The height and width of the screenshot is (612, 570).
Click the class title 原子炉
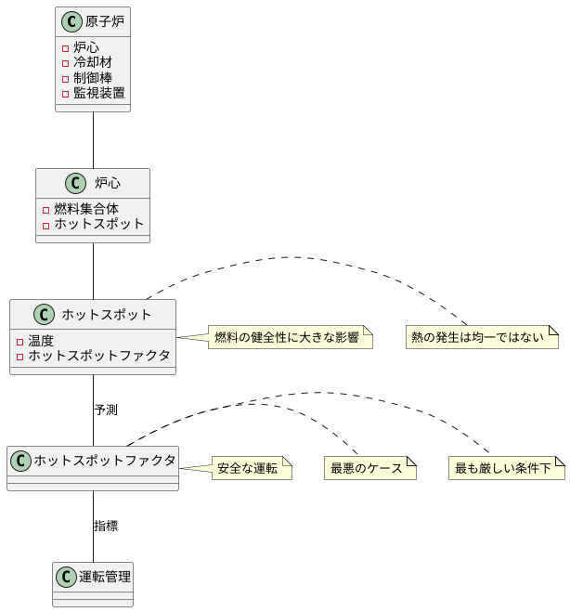[104, 21]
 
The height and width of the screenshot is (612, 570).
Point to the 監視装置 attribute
[98, 93]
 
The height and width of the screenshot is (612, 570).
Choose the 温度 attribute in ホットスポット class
[41, 340]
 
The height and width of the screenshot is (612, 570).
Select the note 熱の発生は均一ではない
[482, 337]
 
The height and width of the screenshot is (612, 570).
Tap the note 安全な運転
[247, 468]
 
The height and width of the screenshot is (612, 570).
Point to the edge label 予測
[106, 410]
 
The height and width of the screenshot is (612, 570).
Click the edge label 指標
[106, 526]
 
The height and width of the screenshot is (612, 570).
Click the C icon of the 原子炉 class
[71, 21]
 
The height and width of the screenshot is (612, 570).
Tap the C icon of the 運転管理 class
[66, 577]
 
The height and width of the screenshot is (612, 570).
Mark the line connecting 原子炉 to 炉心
[93, 139]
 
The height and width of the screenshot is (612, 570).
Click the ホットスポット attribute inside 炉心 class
[98, 224]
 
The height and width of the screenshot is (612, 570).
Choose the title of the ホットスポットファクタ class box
[104, 460]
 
